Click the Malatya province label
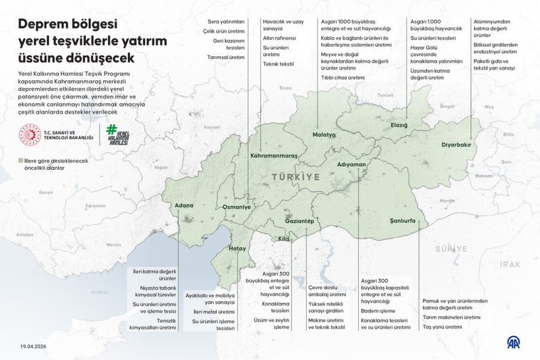pos(323,135)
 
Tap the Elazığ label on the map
pos(399,125)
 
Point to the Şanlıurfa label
pos(402,221)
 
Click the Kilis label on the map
pos(284,239)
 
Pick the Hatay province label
pos(238,248)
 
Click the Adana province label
pos(184,206)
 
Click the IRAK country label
pos(511,264)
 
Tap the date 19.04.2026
pos(34,347)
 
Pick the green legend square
pos(20,161)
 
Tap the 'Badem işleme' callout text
pos(378,311)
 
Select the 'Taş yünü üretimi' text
pos(442,327)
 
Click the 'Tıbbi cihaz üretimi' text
pos(343,78)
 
